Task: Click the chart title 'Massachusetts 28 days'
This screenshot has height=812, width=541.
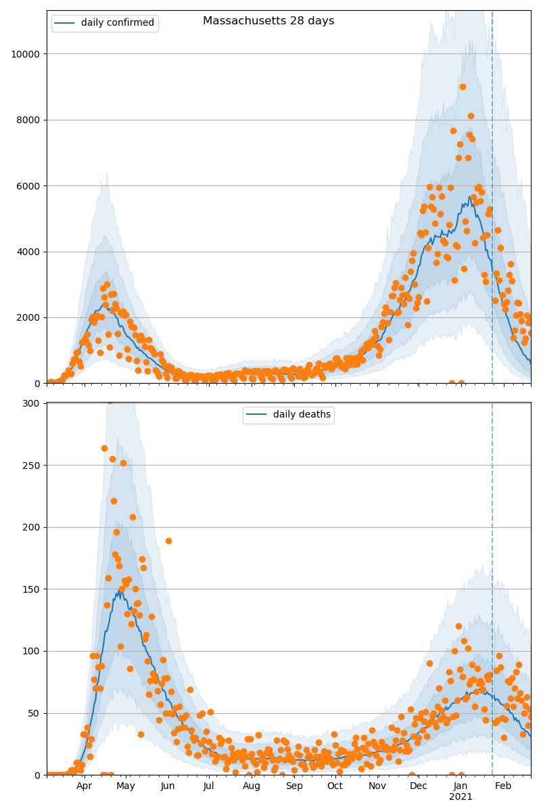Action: pyautogui.click(x=268, y=21)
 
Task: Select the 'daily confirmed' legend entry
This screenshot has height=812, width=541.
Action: pyautogui.click(x=117, y=23)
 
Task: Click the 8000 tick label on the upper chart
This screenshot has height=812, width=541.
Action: pyautogui.click(x=28, y=120)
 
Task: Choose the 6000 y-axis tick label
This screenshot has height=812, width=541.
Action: pyautogui.click(x=28, y=186)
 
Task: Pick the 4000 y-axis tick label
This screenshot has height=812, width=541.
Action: pyautogui.click(x=28, y=252)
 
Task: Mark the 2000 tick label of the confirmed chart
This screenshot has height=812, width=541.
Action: pyautogui.click(x=28, y=317)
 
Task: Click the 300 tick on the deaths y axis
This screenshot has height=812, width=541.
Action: pyautogui.click(x=32, y=403)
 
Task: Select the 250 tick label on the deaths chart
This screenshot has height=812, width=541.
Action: pyautogui.click(x=32, y=466)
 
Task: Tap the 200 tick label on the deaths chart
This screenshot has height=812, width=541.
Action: pyautogui.click(x=32, y=527)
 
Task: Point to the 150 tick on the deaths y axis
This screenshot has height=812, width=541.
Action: pyautogui.click(x=32, y=589)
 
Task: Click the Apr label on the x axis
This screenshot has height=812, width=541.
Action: pyautogui.click(x=84, y=786)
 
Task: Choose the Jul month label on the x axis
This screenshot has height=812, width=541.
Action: pyautogui.click(x=208, y=786)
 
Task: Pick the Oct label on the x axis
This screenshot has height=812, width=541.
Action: pyautogui.click(x=335, y=786)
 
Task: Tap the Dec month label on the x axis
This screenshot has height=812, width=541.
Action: pyautogui.click(x=419, y=786)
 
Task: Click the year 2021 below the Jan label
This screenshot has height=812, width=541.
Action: pyautogui.click(x=461, y=797)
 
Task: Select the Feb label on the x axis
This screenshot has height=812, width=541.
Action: pyautogui.click(x=503, y=786)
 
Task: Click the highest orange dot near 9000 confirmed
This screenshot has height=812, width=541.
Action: pyautogui.click(x=463, y=87)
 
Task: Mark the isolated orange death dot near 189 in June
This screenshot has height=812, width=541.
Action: pyautogui.click(x=168, y=541)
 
